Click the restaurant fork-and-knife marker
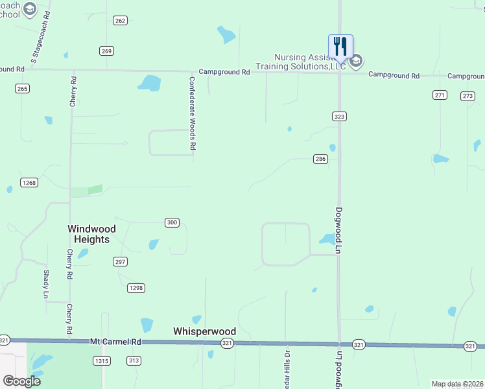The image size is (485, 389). (x=340, y=47)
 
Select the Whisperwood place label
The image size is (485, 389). (x=204, y=331)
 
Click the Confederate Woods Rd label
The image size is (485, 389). (x=192, y=114)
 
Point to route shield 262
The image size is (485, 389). (x=120, y=21)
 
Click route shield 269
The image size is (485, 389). (x=107, y=51)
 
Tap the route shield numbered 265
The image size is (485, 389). (x=23, y=89)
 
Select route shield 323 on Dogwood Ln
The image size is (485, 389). (x=339, y=117)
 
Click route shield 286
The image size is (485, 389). (x=320, y=159)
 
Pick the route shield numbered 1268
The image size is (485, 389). (x=29, y=183)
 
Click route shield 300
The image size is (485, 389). (x=171, y=223)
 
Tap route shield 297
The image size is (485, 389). (x=120, y=262)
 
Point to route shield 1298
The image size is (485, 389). (x=136, y=288)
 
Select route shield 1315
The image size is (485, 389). (x=102, y=361)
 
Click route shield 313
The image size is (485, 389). (x=134, y=361)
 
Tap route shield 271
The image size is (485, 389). (x=440, y=95)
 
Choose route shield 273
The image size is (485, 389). (x=467, y=96)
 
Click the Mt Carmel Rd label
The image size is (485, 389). (x=115, y=341)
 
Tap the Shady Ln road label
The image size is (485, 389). (x=46, y=284)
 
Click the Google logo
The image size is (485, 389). (x=22, y=381)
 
